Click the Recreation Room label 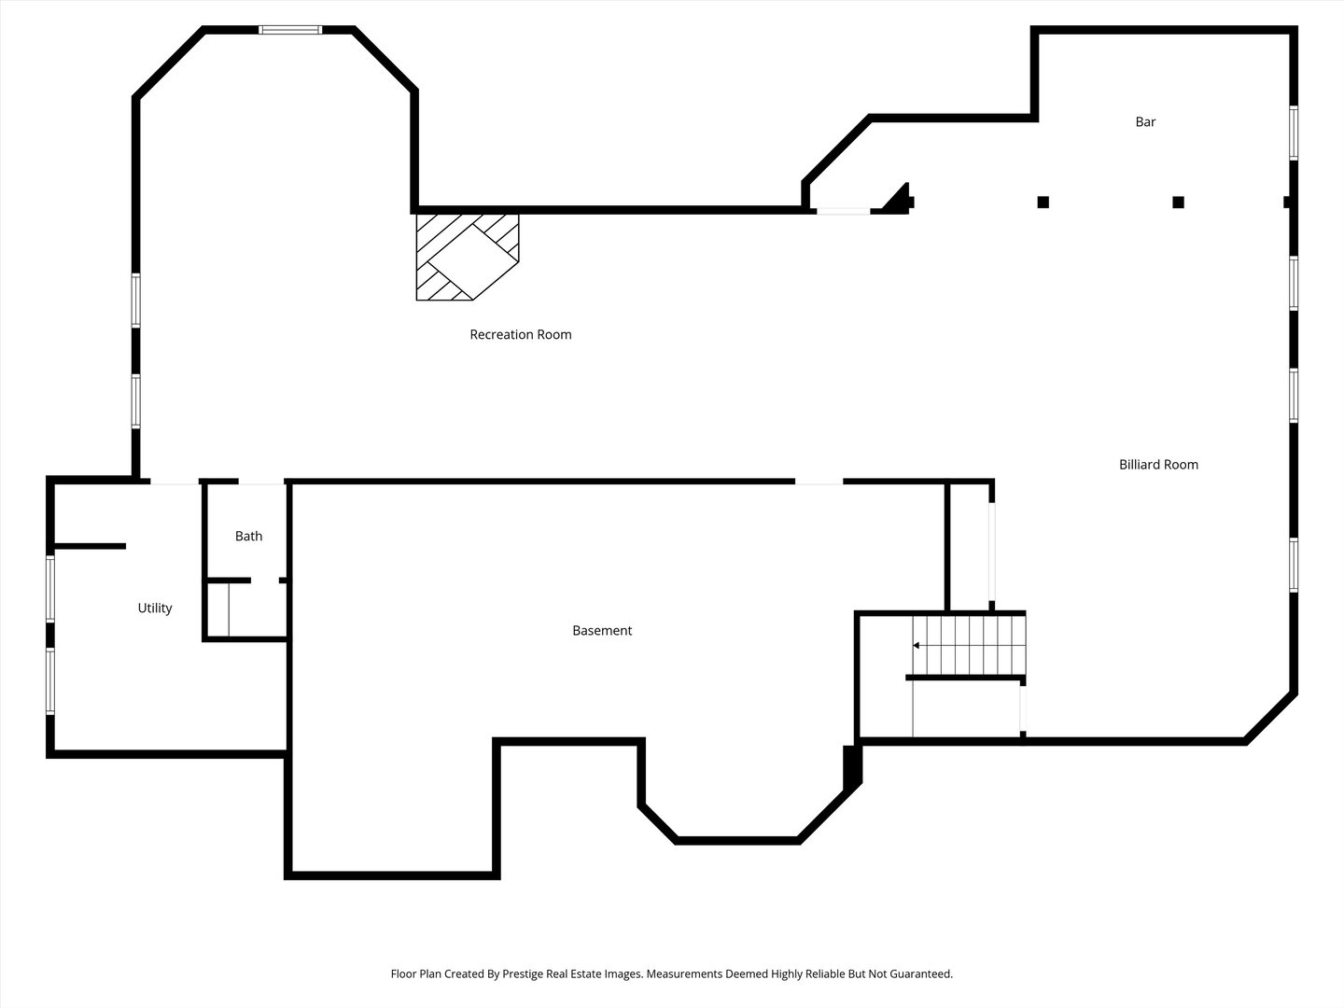click(x=521, y=334)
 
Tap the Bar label click(x=1145, y=121)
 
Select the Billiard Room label click(x=1158, y=465)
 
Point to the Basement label click(x=602, y=630)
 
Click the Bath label click(x=248, y=536)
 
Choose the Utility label click(x=155, y=609)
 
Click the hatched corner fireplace click(x=468, y=257)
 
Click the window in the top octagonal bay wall click(x=290, y=29)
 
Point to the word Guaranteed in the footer click(x=921, y=973)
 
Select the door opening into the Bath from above click(x=261, y=483)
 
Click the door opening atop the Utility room click(x=175, y=483)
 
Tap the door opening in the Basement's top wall click(x=819, y=482)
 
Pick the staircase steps click(x=969, y=645)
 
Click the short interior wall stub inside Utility click(x=90, y=546)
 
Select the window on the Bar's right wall click(x=1294, y=133)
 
